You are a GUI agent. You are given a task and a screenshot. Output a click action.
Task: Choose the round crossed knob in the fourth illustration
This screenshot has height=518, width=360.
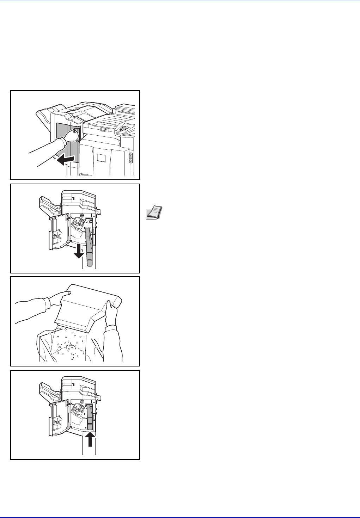pyautogui.click(x=82, y=402)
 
